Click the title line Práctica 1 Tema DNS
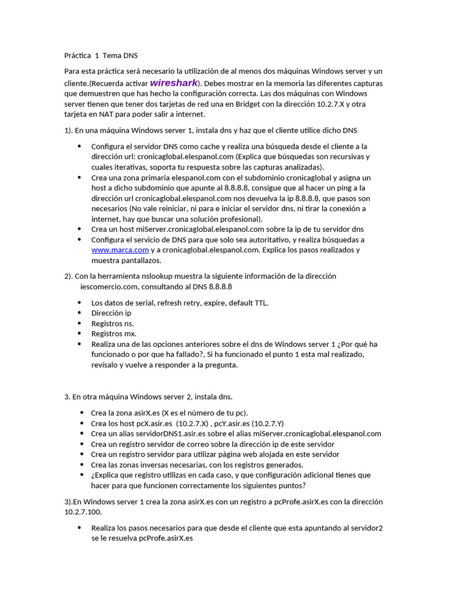101,56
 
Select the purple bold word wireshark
173,83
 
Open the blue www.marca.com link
120,250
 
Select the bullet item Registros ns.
112,323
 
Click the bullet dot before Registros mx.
79,333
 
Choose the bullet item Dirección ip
111,313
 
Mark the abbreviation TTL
261,303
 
